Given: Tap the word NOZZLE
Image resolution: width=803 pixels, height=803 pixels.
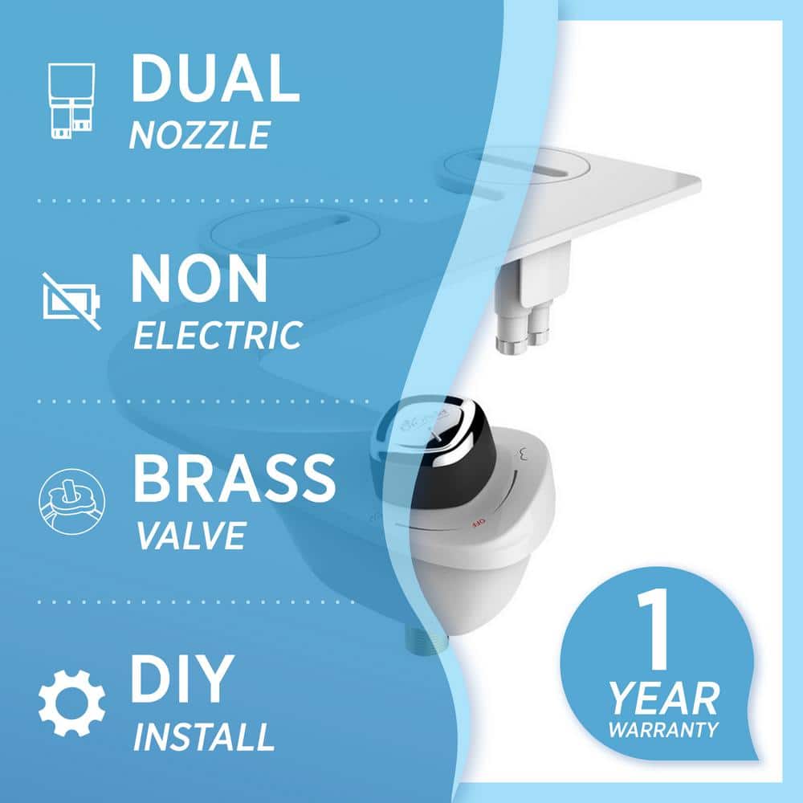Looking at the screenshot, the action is pos(199,135).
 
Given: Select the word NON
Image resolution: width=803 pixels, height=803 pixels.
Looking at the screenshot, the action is pos(199,279).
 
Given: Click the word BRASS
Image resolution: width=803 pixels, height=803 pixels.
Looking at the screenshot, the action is pos(234,479).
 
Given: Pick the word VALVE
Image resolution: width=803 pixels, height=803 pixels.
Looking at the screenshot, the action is pos(191,536).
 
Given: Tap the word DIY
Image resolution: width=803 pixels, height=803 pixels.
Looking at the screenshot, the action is pos(182,679).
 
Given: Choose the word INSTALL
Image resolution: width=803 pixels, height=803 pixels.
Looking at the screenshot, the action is pos(204,736).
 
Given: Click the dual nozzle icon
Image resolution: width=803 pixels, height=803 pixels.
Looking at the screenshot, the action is pos(71,100).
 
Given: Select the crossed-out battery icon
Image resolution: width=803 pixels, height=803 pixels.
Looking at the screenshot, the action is pos(71,301).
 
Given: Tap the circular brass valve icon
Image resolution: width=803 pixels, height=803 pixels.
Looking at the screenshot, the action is pos(72,501).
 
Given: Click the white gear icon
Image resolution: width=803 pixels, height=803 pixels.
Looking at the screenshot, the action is pos(72,703).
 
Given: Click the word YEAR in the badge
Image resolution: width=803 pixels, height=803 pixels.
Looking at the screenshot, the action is pos(664,699).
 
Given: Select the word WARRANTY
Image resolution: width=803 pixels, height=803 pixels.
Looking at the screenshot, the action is pos(664,729).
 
